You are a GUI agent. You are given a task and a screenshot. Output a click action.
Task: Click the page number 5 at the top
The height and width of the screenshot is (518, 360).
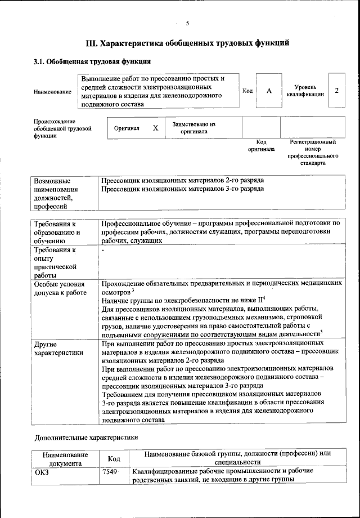pos(187,23)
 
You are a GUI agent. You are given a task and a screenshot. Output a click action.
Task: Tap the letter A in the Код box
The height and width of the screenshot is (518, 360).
pos(269,91)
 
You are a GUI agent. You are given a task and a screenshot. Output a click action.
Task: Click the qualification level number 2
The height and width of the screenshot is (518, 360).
pos(336,91)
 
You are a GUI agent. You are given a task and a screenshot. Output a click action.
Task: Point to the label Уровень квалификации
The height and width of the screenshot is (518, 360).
pos(309,91)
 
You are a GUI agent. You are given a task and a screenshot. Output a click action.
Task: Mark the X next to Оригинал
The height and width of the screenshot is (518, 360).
pos(155,128)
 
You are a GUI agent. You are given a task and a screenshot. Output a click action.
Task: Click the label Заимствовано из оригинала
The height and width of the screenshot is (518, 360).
pos(194,128)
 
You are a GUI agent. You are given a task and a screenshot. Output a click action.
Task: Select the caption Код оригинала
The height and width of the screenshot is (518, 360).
pos(261,146)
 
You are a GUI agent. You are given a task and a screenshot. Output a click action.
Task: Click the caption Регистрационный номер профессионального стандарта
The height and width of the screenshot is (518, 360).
pos(313,153)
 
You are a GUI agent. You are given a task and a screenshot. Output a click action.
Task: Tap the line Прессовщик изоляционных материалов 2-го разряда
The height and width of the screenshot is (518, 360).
pos(182,180)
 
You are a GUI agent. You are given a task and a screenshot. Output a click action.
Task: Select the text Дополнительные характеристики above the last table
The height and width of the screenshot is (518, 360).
pos(86,437)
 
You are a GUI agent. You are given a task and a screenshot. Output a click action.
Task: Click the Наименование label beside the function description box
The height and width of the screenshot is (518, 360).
pos(52,91)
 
